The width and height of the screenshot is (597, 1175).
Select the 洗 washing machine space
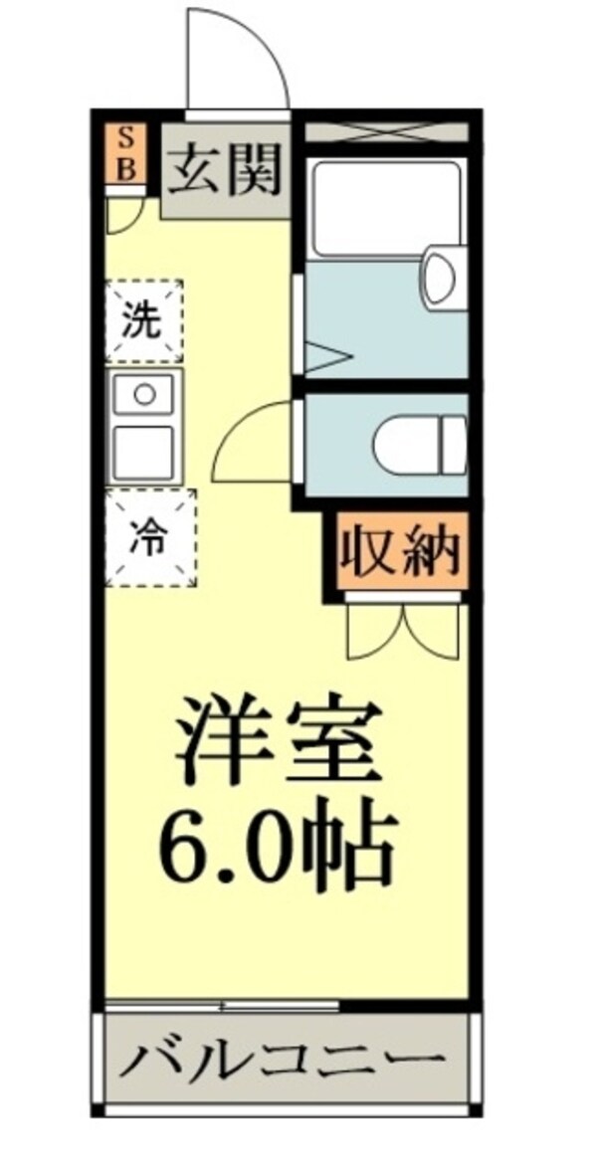click(144, 320)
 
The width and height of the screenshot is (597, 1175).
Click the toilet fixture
click(423, 438)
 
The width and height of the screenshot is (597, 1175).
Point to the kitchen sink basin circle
click(145, 395)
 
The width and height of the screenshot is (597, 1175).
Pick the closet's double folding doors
click(404, 629)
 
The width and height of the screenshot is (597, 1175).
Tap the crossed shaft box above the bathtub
click(384, 131)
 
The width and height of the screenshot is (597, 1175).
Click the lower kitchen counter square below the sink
click(145, 452)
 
